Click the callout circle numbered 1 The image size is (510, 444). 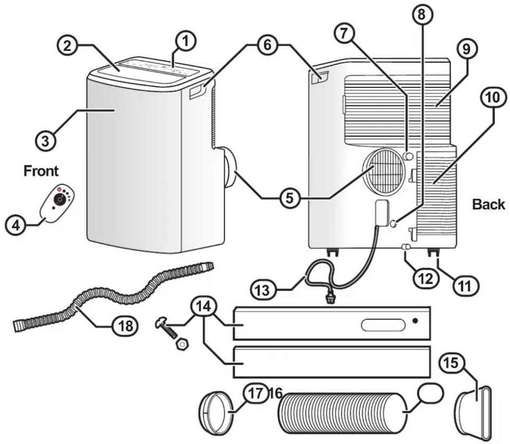tap(185, 42)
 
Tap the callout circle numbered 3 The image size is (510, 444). tap(45, 141)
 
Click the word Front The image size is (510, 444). tap(41, 171)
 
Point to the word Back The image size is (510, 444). tap(489, 204)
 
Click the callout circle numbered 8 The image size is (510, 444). tap(421, 14)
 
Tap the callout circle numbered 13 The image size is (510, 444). tap(263, 290)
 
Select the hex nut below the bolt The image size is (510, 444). tap(182, 345)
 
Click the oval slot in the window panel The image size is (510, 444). tap(383, 325)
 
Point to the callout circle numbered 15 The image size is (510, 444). tap(452, 363)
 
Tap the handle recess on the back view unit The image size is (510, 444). tap(320, 77)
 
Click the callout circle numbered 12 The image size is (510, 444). tap(426, 279)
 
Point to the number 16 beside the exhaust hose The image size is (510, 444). tap(275, 393)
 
